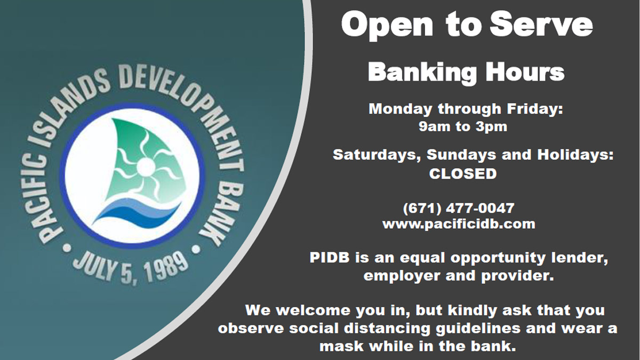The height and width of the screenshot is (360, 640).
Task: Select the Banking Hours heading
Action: pyautogui.click(x=466, y=73)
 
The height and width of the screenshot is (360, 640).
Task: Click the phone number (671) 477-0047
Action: pyautogui.click(x=459, y=208)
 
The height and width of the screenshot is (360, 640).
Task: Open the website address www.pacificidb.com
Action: pyautogui.click(x=459, y=225)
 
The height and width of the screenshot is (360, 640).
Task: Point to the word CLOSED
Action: pyautogui.click(x=463, y=174)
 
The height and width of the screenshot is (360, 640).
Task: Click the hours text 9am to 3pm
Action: pyautogui.click(x=463, y=126)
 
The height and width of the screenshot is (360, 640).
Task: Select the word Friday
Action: pyautogui.click(x=535, y=109)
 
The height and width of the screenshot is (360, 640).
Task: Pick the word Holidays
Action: pyautogui.click(x=575, y=155)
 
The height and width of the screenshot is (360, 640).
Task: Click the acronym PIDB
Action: pyautogui.click(x=330, y=258)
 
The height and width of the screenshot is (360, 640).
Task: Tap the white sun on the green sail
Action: pyautogui.click(x=146, y=166)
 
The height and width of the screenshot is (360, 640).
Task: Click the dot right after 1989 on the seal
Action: pyautogui.click(x=196, y=250)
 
